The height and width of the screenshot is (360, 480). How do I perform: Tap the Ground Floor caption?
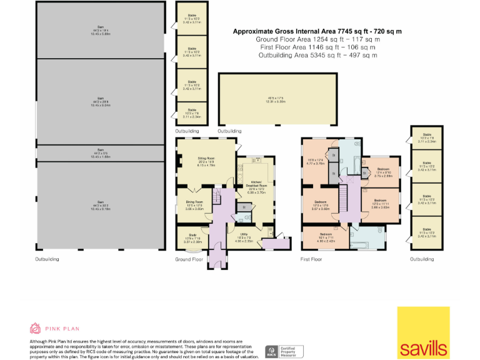(189, 259)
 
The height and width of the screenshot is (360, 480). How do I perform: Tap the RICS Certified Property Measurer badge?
(284, 352)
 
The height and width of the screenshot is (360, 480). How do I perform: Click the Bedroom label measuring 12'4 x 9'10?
(375, 172)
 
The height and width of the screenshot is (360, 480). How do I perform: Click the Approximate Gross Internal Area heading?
(317, 31)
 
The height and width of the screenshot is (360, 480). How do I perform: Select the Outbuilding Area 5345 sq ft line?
(317, 55)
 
